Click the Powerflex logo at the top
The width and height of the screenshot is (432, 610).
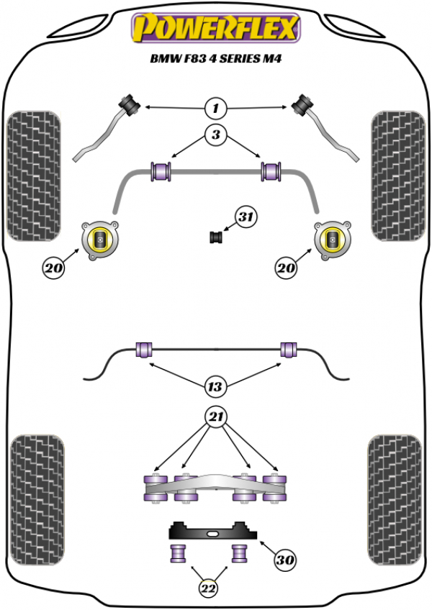pyautogui.click(x=216, y=27)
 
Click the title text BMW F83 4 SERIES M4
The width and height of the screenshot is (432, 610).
pyautogui.click(x=216, y=59)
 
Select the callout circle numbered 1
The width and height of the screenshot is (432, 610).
pyautogui.click(x=216, y=108)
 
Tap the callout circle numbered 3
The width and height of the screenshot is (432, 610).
pyautogui.click(x=216, y=135)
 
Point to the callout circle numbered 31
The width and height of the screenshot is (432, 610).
pyautogui.click(x=246, y=217)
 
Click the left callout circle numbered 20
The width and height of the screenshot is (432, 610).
pyautogui.click(x=54, y=268)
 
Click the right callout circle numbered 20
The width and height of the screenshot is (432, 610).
pyautogui.click(x=287, y=268)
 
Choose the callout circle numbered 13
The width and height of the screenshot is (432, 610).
pyautogui.click(x=215, y=387)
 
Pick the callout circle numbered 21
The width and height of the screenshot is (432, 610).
pyautogui.click(x=216, y=417)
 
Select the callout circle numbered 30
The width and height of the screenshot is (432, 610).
pyautogui.click(x=284, y=560)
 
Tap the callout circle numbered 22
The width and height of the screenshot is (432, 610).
pyautogui.click(x=208, y=588)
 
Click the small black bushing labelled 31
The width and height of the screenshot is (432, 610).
pyautogui.click(x=216, y=237)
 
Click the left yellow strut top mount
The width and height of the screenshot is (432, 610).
pyautogui.click(x=100, y=240)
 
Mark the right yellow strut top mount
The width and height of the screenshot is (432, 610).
pyautogui.click(x=332, y=240)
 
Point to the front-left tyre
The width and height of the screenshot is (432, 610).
pyautogui.click(x=35, y=176)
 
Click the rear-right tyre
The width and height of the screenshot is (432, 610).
pyautogui.click(x=395, y=500)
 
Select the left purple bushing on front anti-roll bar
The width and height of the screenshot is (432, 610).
pyautogui.click(x=161, y=171)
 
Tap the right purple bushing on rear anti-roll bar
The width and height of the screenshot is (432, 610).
pyautogui.click(x=289, y=350)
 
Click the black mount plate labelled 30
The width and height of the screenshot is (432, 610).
pyautogui.click(x=212, y=530)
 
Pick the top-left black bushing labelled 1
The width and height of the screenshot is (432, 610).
pyautogui.click(x=130, y=104)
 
